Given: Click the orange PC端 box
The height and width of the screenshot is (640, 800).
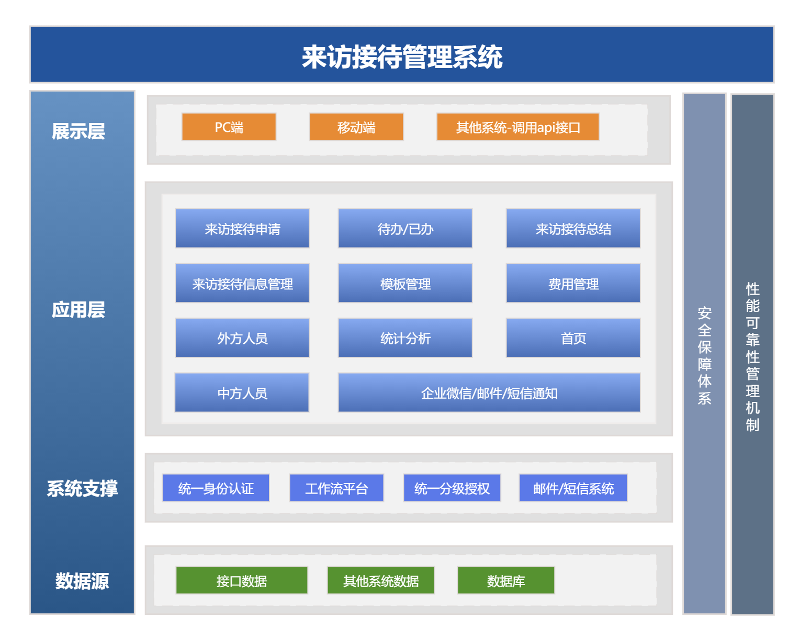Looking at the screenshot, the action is (x=229, y=127).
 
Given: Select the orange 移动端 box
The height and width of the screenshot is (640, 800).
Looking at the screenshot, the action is (x=356, y=127).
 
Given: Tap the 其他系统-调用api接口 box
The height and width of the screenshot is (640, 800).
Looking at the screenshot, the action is (x=518, y=127).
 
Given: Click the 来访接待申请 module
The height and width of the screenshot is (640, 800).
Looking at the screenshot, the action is (x=242, y=228).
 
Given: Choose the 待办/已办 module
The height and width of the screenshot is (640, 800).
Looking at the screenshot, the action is (x=405, y=228).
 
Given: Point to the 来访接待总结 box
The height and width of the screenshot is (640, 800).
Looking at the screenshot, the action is (x=573, y=228).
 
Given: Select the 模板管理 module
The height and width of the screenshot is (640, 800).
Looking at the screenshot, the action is (x=405, y=283).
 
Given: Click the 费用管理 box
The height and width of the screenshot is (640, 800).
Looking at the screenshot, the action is (x=573, y=283).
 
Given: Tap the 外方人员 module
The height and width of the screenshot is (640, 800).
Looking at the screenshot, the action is (x=242, y=338).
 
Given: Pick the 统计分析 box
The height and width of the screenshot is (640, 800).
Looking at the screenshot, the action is (x=405, y=338).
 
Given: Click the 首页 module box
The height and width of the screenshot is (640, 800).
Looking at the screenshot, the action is (x=573, y=338).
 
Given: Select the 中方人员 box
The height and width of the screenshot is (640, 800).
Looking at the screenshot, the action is (x=242, y=392).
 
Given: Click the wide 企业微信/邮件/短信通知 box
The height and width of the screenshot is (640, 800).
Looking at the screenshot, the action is (x=489, y=392).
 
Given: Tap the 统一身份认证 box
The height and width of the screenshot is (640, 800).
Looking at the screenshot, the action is (x=216, y=488).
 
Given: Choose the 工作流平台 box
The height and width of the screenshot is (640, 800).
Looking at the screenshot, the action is (x=336, y=488).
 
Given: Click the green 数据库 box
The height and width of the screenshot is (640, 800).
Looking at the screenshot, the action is (x=506, y=580).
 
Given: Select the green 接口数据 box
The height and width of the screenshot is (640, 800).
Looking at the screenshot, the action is (x=242, y=580).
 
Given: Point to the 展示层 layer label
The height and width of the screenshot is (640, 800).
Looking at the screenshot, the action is (x=78, y=131).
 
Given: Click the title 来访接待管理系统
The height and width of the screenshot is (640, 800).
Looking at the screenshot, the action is (x=402, y=57).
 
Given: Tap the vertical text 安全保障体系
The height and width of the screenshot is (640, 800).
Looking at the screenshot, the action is (x=704, y=355).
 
